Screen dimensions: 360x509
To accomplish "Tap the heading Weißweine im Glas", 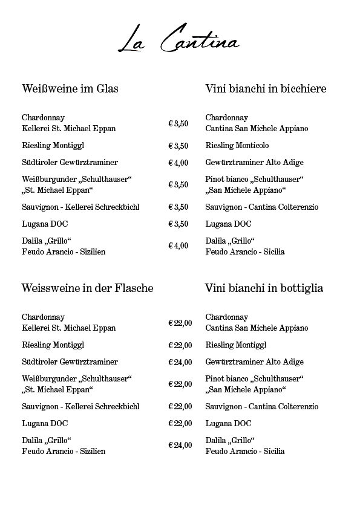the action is [x=70, y=89].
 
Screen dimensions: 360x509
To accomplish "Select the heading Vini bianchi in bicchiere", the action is [x=266, y=89].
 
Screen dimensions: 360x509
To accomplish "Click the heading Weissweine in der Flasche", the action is [x=87, y=288].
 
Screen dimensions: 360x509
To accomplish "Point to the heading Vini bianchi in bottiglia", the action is [x=264, y=288].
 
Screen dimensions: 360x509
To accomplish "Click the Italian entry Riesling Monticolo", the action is [x=237, y=146].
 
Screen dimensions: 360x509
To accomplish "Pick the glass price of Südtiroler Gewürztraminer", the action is [x=178, y=163].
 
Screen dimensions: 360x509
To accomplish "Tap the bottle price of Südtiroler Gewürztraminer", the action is [x=180, y=362].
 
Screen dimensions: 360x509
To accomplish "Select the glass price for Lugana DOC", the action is [x=178, y=224].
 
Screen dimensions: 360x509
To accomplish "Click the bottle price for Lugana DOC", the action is [x=180, y=423].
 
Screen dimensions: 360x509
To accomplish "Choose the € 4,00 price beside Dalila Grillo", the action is [x=178, y=245].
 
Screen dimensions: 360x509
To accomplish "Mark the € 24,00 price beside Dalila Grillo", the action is [x=180, y=445].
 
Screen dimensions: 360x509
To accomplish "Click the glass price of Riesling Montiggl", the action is [x=178, y=146].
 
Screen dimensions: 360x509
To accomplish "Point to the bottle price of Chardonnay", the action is [x=180, y=323].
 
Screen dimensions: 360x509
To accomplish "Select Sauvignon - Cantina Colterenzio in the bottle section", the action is [x=257, y=406].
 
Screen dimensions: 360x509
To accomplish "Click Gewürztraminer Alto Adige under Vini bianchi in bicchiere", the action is [x=254, y=163].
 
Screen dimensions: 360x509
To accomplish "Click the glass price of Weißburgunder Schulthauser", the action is [x=178, y=184].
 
